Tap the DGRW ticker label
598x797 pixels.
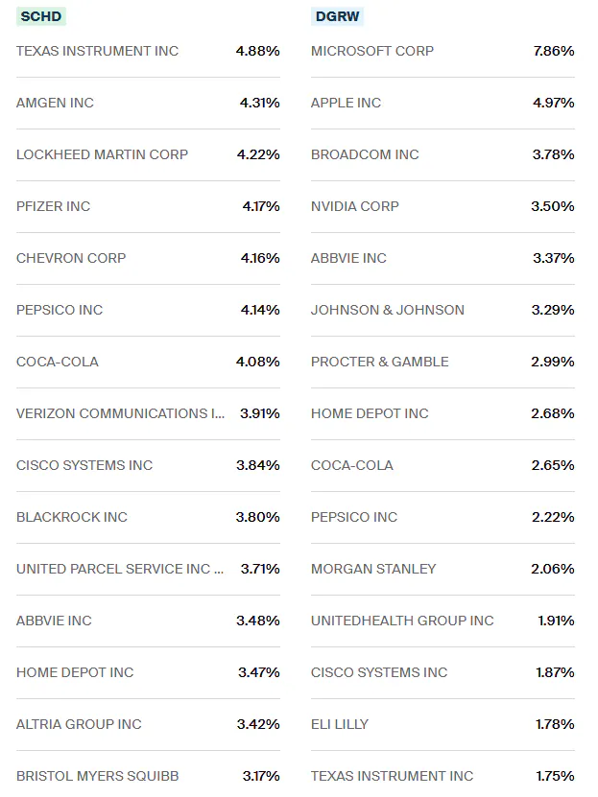(338, 16)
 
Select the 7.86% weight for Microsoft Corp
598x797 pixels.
(554, 51)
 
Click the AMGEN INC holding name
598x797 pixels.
(55, 103)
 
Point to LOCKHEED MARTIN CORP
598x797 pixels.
(102, 154)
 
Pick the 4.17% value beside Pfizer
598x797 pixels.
(260, 206)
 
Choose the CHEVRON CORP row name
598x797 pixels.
(71, 258)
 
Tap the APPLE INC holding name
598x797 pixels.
(346, 103)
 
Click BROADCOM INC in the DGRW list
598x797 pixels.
(365, 154)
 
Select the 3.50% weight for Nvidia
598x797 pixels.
(552, 206)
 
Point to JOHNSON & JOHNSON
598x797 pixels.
(387, 310)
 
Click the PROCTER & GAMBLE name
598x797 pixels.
(379, 362)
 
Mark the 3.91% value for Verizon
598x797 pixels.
(259, 413)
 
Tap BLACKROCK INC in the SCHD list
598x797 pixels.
(72, 517)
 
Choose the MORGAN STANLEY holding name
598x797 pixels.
(372, 569)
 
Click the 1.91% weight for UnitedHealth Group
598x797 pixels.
(556, 621)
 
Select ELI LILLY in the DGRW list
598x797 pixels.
(339, 724)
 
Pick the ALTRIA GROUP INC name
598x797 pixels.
(79, 724)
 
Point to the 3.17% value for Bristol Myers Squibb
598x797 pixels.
(260, 776)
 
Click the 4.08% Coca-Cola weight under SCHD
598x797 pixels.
(258, 362)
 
